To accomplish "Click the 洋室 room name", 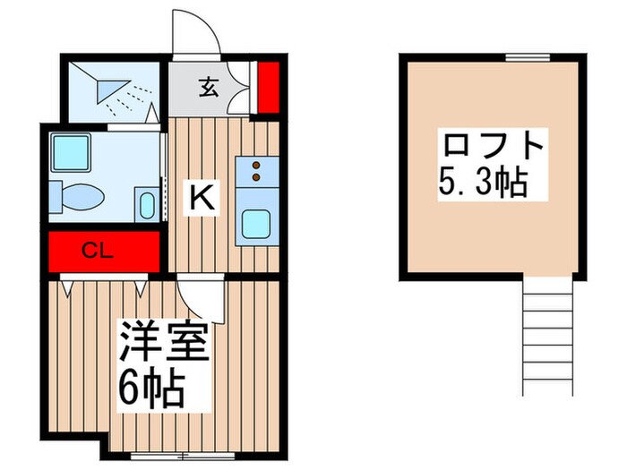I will [165, 343].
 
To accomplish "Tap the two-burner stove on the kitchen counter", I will [257, 169].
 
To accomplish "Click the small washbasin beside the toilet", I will [147, 205].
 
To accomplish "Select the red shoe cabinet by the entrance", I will [268, 87].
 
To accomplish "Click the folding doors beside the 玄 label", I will [239, 90].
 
